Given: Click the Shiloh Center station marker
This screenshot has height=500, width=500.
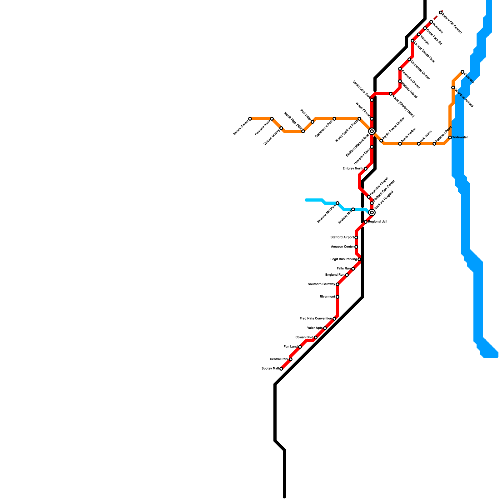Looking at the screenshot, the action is click(250, 119).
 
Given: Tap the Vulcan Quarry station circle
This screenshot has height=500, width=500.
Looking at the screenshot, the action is click(281, 128).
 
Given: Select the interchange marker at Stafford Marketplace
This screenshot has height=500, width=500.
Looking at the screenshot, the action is click(372, 131).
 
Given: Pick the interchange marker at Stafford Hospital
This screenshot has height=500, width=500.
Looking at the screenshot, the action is click(372, 212).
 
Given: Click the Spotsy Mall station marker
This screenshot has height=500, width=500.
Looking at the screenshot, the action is click(281, 369).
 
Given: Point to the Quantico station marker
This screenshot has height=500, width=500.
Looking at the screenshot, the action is click(462, 72).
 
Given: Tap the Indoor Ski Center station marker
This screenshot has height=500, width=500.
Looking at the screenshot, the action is click(441, 12).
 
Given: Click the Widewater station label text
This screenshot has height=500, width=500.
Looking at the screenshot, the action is click(460, 137).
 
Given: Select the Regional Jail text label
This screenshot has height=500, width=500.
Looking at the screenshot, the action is click(377, 222).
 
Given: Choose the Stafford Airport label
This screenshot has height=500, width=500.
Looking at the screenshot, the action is click(342, 237).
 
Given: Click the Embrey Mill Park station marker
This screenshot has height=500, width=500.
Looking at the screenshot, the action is click(337, 203).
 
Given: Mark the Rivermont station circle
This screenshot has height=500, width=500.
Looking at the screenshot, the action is click(337, 297).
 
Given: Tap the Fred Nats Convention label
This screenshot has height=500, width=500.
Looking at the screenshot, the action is click(316, 319).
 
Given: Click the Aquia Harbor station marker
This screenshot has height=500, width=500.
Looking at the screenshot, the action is click(400, 144).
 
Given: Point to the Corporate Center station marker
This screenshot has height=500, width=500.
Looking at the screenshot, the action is click(409, 59).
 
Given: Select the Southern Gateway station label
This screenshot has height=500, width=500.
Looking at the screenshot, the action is click(321, 284).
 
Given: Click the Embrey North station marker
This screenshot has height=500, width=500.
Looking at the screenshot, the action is click(366, 169).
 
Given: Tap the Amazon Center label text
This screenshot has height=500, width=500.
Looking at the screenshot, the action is click(342, 247).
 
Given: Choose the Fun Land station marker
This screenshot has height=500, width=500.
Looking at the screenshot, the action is click(300, 347).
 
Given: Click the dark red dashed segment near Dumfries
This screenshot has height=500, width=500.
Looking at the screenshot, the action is click(436, 18).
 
